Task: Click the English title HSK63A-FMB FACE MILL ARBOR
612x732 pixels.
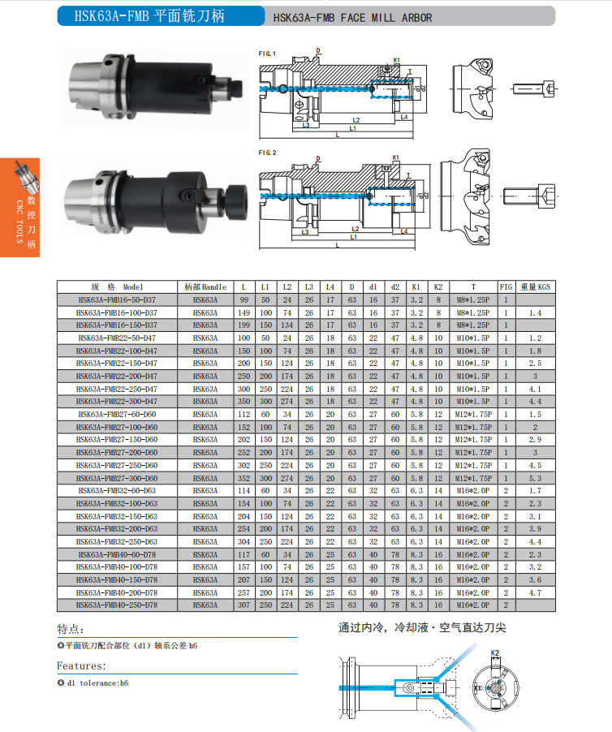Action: point(352,18)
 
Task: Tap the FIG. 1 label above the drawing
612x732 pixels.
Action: point(267,54)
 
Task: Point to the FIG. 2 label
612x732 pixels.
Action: point(268,153)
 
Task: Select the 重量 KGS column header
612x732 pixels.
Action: point(536,286)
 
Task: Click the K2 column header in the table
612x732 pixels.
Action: point(437,286)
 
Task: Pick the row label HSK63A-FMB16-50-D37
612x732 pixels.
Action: point(117,299)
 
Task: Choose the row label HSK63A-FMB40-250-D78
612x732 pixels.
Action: point(117,605)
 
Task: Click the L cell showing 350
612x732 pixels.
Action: point(244,402)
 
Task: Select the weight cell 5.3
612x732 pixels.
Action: point(536,478)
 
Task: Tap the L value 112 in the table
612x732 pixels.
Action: point(244,415)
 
